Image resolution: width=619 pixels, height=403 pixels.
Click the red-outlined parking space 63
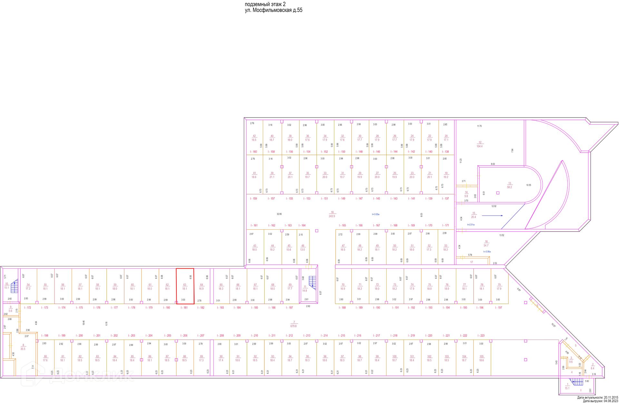pos(185,286)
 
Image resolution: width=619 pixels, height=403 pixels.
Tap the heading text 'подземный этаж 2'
pos(265,4)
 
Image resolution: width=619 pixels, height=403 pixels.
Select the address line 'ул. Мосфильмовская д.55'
pos(273,10)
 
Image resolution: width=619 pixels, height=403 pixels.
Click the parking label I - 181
pos(184,308)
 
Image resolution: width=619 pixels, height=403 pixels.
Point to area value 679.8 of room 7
pos(293,326)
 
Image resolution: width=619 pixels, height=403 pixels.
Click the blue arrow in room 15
pos(492,215)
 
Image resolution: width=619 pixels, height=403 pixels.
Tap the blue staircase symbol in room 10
pos(15,287)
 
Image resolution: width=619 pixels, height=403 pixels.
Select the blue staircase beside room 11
pos(312,281)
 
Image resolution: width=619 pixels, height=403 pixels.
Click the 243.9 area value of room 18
pos(332,216)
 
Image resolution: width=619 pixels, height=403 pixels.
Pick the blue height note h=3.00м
pos(376,214)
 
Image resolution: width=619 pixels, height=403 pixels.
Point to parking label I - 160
pos(253,152)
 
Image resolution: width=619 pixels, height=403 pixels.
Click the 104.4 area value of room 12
pos(479,147)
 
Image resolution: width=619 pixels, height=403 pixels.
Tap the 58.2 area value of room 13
pos(509,187)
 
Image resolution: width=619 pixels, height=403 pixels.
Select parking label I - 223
pos(480,336)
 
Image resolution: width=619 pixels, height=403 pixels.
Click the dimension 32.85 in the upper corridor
pos(279,214)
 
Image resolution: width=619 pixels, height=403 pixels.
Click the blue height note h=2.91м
pos(471,225)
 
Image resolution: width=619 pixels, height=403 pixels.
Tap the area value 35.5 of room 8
pos(23,349)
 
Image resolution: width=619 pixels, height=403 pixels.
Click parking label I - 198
pos(44,336)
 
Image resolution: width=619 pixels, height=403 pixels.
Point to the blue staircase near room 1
pos(577,382)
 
